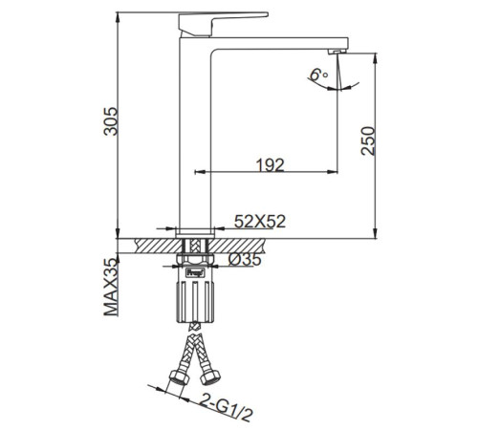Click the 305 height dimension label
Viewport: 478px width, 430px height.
point(111,121)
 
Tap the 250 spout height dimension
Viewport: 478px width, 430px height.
point(368,140)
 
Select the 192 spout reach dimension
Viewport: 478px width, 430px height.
point(270,164)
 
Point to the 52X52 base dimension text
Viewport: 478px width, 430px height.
point(260,222)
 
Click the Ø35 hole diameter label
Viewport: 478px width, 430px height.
point(245,260)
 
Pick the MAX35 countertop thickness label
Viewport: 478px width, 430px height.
point(111,287)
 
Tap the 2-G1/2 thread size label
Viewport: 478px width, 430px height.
point(227,407)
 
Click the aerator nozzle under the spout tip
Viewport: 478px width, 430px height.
point(337,52)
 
